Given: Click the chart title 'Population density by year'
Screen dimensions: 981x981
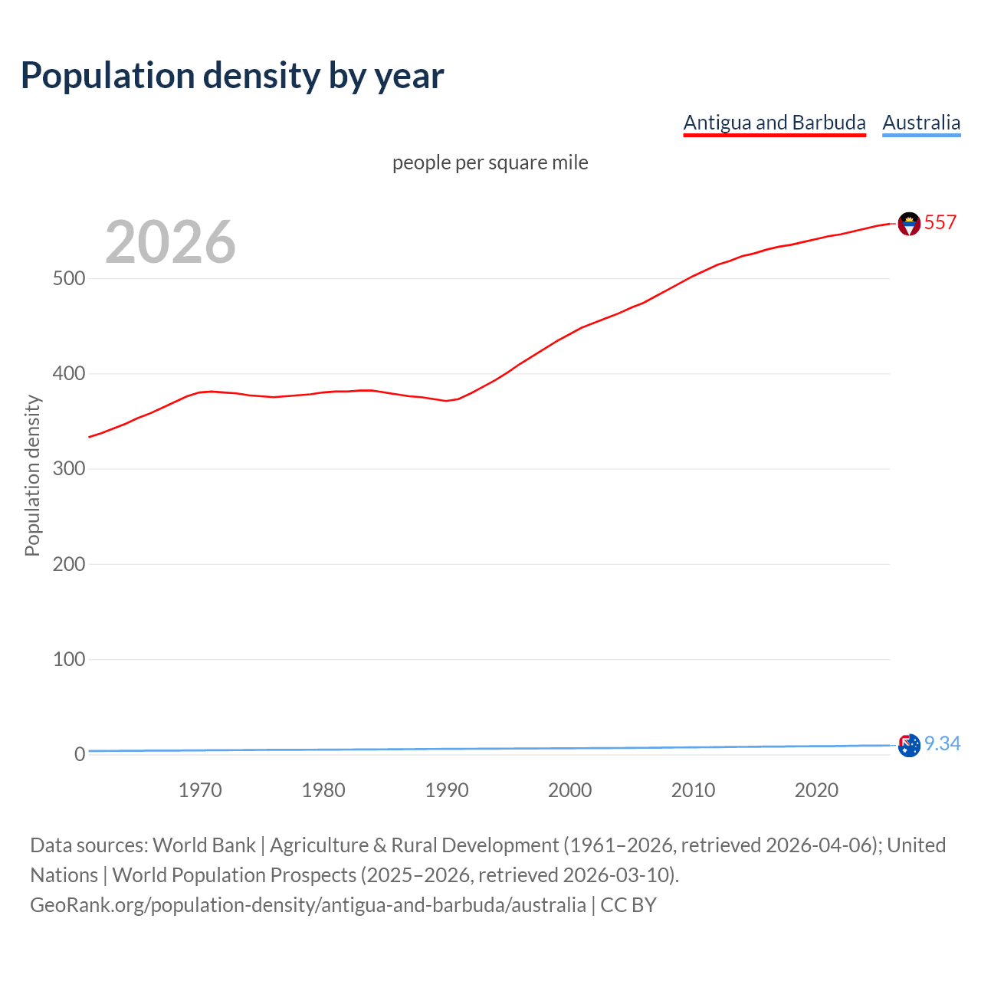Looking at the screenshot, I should (232, 76).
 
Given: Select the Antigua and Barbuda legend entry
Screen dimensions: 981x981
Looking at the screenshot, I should (774, 123).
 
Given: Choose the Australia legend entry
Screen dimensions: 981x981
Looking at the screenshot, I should (921, 123).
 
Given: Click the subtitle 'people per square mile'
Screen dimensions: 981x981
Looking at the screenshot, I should (490, 162).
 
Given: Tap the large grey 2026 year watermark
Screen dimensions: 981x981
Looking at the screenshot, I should (170, 241).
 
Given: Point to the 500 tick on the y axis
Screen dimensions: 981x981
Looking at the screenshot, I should (69, 278).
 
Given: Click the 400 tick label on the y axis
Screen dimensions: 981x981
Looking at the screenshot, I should (69, 374).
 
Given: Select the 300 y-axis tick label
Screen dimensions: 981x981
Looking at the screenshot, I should (69, 469).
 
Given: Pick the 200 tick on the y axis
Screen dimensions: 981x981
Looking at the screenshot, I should (69, 564).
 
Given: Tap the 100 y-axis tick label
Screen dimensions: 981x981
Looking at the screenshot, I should (69, 659).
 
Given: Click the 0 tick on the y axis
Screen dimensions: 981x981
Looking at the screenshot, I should (80, 754).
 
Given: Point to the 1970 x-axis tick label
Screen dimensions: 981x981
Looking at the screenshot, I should (200, 790).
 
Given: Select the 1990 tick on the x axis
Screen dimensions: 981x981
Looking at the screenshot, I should (447, 790).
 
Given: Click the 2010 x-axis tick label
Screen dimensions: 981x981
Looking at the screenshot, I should (693, 790).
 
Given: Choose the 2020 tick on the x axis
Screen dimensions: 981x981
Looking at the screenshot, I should (816, 790).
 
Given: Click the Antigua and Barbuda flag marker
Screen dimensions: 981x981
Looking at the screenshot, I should (909, 224).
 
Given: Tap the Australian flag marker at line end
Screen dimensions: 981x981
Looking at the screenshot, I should (909, 745).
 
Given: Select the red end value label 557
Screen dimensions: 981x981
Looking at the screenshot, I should (940, 222).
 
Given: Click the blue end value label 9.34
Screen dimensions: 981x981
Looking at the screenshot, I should (942, 743).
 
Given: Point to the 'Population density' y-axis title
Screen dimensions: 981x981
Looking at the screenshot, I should (32, 475).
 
